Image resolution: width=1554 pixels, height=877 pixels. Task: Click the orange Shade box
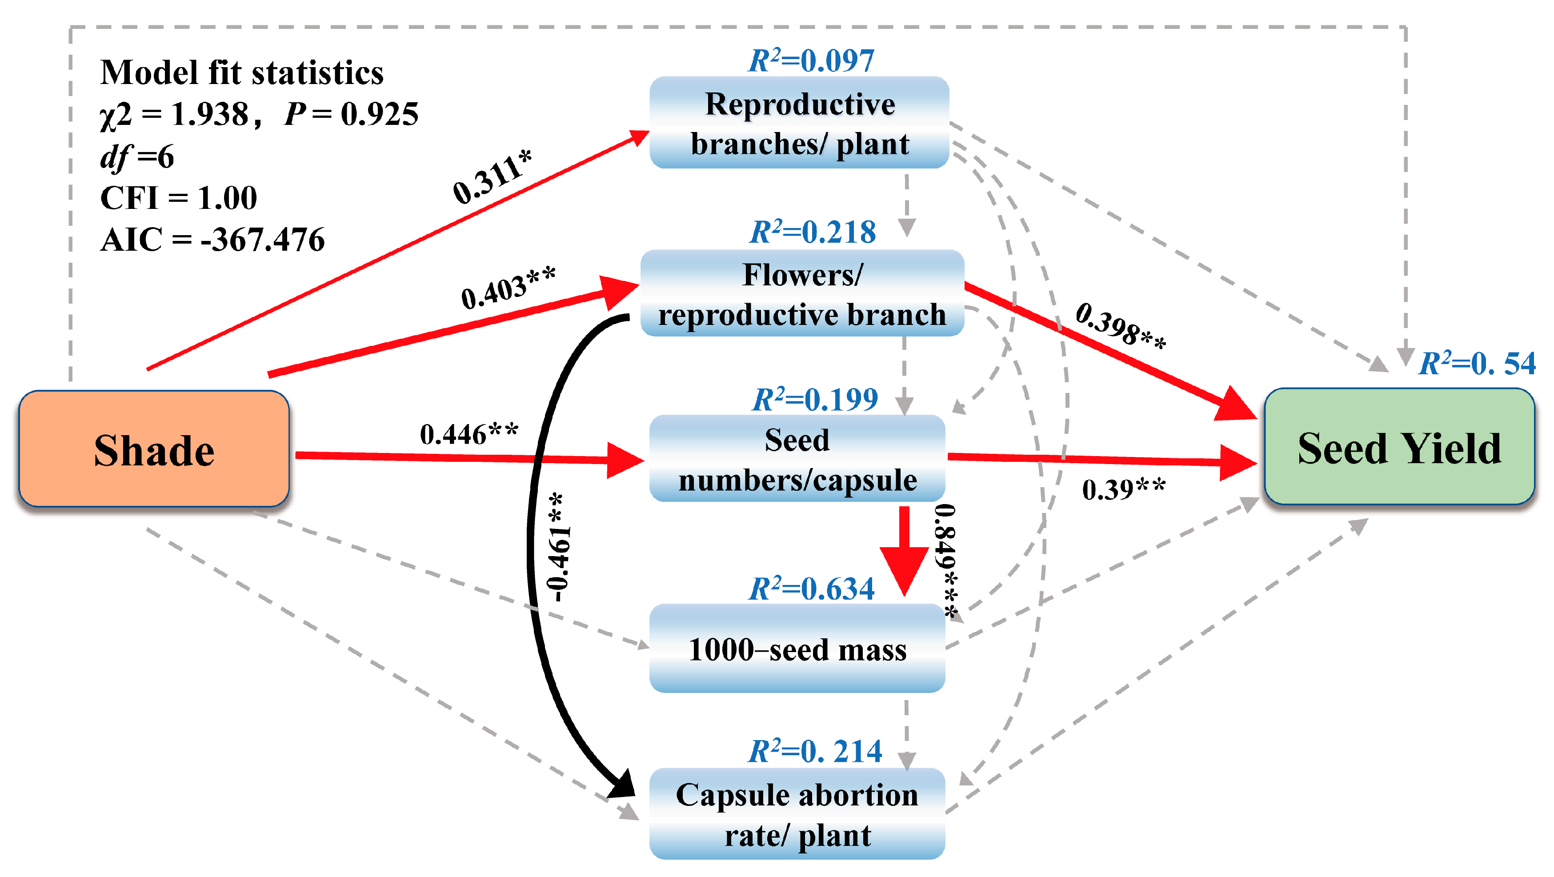pyautogui.click(x=154, y=449)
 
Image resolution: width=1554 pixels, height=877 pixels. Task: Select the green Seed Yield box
pyautogui.click(x=1398, y=447)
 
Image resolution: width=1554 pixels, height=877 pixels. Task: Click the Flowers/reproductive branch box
pyautogui.click(x=802, y=294)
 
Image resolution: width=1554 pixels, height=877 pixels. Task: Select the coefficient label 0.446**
pyautogui.click(x=469, y=434)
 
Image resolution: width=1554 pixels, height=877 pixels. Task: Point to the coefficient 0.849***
pyautogui.click(x=945, y=561)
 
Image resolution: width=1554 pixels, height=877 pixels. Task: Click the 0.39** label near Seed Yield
pyautogui.click(x=1123, y=489)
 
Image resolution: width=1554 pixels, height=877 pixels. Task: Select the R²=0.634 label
pyautogui.click(x=811, y=588)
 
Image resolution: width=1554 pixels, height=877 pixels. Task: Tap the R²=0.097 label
pyautogui.click(x=811, y=60)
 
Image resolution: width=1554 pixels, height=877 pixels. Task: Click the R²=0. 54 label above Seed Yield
pyautogui.click(x=1476, y=363)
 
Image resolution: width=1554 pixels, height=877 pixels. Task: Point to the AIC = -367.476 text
pyautogui.click(x=212, y=240)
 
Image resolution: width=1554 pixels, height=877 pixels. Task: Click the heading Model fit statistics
pyautogui.click(x=241, y=72)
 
